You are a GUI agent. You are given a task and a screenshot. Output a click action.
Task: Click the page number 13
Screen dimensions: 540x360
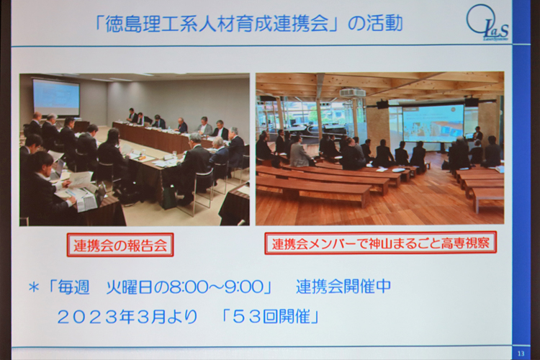(521, 353)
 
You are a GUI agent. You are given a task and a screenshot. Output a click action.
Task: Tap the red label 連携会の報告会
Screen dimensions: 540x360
(120, 245)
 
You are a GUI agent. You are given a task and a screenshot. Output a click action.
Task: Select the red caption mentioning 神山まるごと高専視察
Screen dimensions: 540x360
(380, 243)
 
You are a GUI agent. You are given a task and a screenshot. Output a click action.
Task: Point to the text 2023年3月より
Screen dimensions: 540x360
(127, 317)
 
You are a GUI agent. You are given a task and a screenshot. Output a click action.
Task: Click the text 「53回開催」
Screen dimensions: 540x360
(271, 317)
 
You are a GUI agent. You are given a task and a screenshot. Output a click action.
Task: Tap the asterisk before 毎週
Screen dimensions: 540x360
(33, 287)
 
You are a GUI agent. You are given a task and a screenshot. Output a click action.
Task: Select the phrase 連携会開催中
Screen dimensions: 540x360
(343, 287)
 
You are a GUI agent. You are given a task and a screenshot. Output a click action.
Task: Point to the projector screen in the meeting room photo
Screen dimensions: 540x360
(55, 96)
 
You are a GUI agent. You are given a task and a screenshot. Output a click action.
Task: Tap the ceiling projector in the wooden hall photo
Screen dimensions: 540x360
(352, 92)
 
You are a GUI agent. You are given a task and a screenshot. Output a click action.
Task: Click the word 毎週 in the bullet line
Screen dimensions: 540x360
(73, 287)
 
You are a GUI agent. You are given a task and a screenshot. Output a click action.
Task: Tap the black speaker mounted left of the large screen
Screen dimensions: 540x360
(382, 104)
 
